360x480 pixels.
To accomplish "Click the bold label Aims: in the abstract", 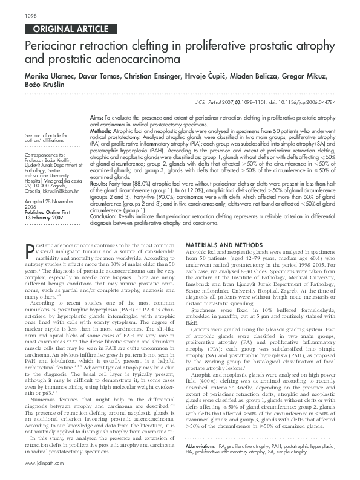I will (96, 115).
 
